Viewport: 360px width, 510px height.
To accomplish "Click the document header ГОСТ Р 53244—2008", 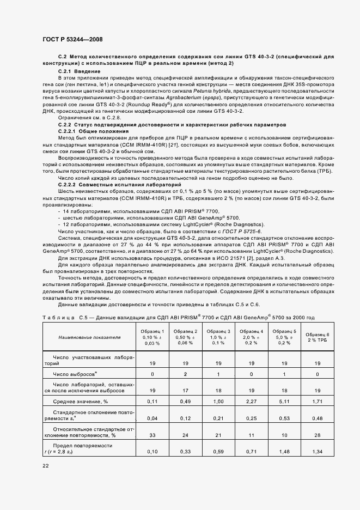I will [72, 40].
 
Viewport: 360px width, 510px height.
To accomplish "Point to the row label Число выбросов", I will [75, 375].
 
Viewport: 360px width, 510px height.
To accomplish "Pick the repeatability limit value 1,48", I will [284, 452].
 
